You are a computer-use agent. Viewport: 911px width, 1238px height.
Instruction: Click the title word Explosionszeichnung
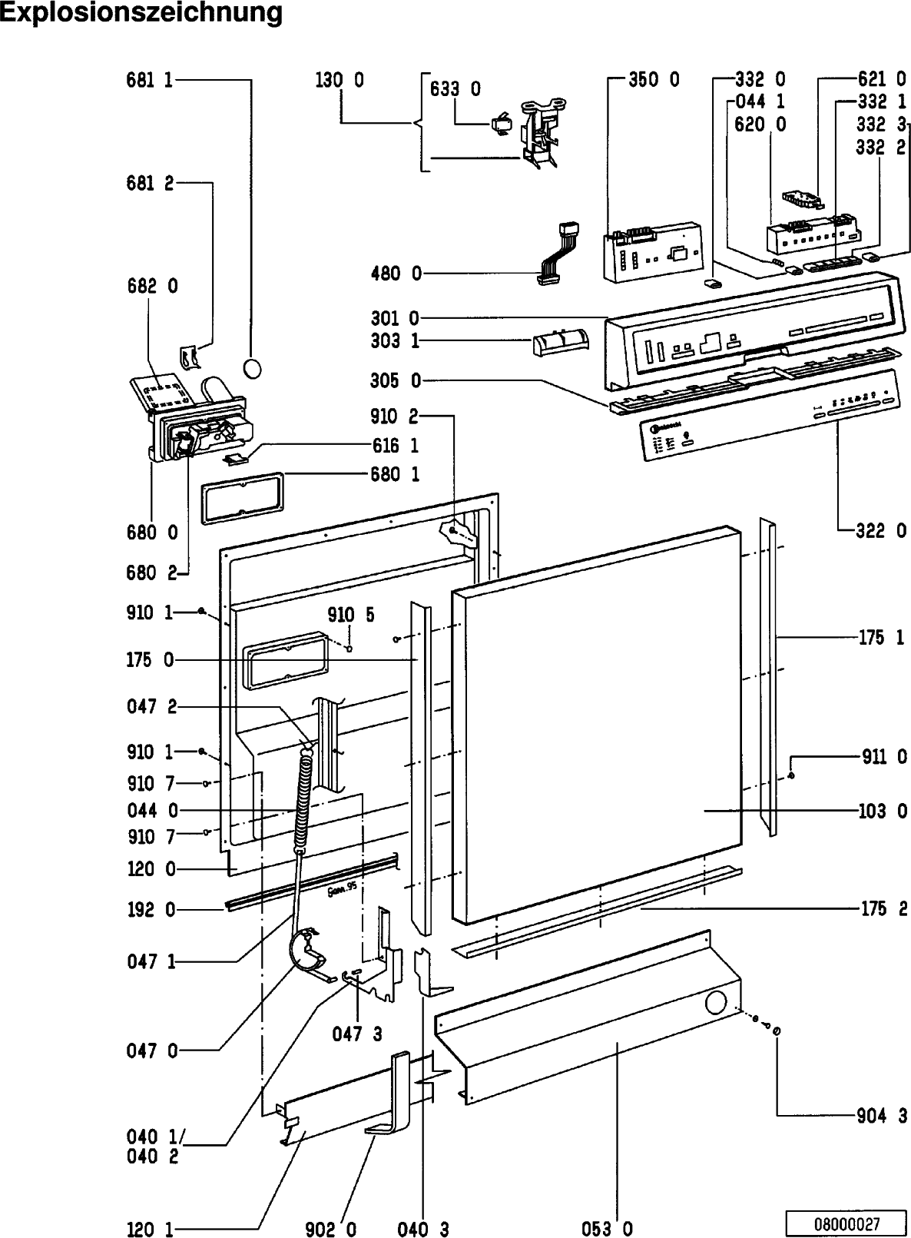point(141,13)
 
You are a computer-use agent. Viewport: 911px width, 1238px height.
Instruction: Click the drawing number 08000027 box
point(847,1223)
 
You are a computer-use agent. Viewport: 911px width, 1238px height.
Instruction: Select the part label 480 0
point(396,273)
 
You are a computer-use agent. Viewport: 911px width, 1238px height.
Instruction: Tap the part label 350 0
point(654,79)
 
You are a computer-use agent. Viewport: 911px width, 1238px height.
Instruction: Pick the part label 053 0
point(607,1229)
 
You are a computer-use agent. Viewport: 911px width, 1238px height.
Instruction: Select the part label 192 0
point(151,910)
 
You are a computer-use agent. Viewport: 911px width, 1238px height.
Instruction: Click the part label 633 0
point(455,88)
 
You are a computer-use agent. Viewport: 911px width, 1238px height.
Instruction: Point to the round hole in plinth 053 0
point(716,1002)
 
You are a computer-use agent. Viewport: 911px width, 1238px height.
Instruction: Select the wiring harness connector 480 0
point(558,254)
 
